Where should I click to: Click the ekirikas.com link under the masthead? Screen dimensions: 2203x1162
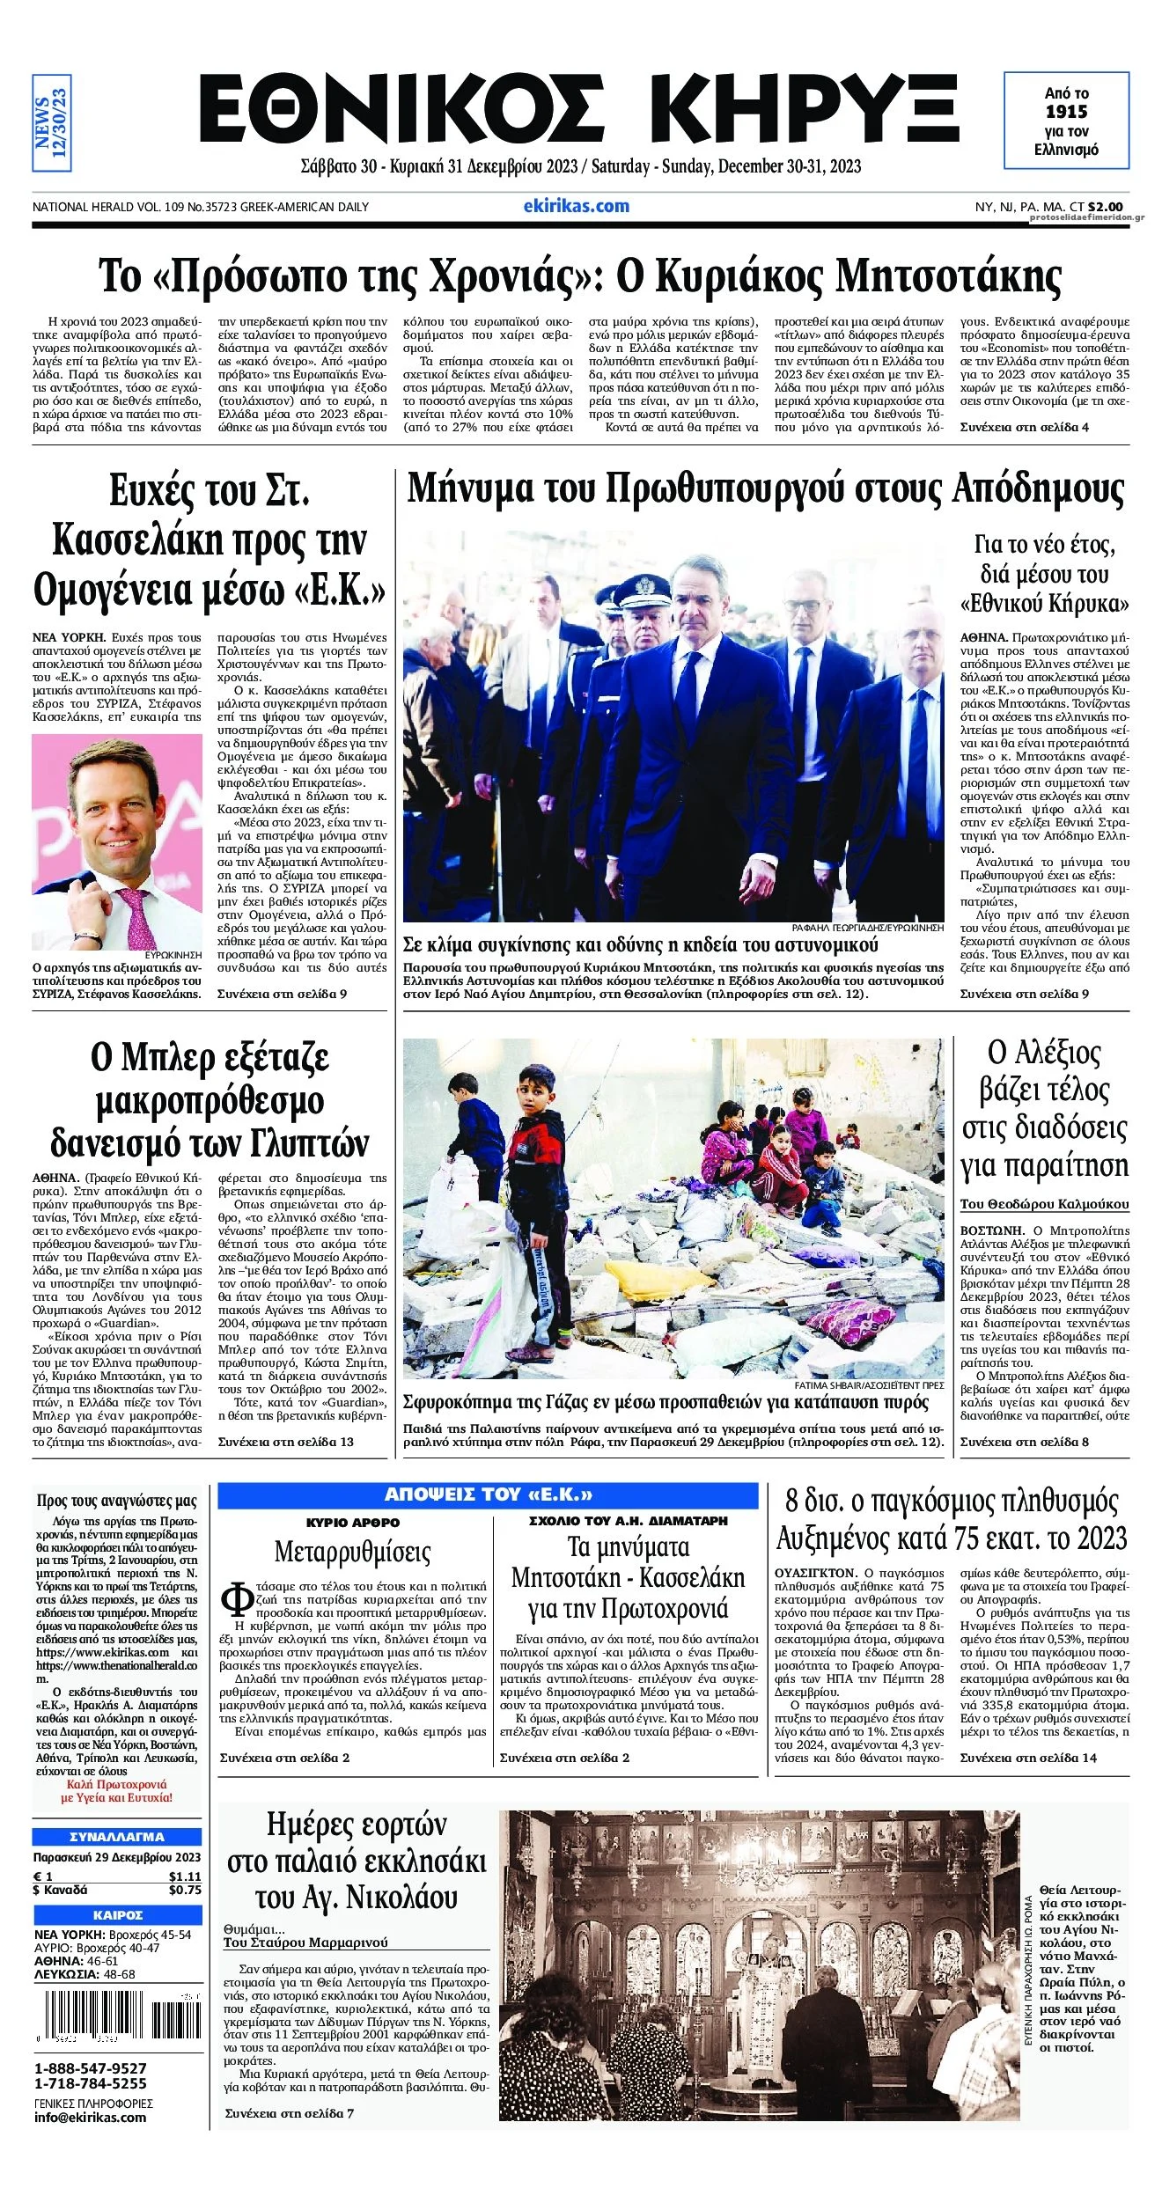click(x=576, y=206)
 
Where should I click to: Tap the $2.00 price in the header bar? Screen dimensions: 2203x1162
click(x=1105, y=207)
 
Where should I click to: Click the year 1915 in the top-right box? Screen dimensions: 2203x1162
click(x=1066, y=112)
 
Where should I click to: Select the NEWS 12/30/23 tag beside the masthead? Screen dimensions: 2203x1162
click(x=51, y=122)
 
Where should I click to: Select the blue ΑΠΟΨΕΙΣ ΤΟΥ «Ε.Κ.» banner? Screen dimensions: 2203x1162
click(x=488, y=1494)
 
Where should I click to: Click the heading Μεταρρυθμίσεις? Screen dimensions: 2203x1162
click(x=352, y=1551)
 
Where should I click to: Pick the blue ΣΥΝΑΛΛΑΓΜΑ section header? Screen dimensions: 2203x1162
click(x=117, y=1837)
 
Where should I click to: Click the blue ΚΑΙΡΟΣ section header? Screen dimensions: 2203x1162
click(x=117, y=1915)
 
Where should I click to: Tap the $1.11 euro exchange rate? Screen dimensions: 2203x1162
click(x=185, y=1876)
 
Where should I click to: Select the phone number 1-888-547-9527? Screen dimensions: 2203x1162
click(x=91, y=2068)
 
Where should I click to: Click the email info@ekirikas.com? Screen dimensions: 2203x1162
click(x=91, y=2117)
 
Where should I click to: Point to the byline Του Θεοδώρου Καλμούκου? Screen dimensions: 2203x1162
click(x=1044, y=1204)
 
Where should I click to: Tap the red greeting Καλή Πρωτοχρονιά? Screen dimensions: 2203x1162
click(x=116, y=1784)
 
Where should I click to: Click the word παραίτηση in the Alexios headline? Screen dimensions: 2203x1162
click(x=1044, y=1165)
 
